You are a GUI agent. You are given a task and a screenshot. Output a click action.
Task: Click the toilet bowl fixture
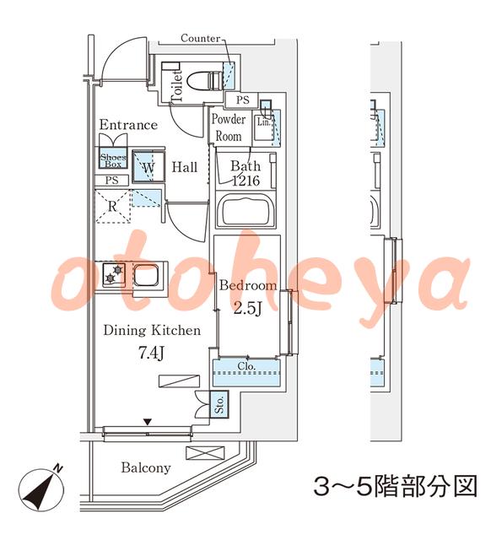pyautogui.click(x=204, y=81)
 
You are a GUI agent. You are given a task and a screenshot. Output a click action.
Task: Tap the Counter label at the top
pyautogui.click(x=201, y=38)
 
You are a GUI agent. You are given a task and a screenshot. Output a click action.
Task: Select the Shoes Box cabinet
pyautogui.click(x=113, y=158)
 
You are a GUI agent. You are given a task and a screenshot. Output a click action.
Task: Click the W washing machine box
pyautogui.click(x=148, y=167)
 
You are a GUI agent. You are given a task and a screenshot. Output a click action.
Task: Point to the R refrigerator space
pyautogui.click(x=112, y=206)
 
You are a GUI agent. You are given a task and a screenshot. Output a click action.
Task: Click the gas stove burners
pyautogui.click(x=114, y=274)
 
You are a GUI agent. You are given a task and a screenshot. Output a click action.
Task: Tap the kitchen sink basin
pyautogui.click(x=146, y=275)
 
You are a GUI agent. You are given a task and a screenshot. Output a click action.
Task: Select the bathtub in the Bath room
pyautogui.click(x=245, y=210)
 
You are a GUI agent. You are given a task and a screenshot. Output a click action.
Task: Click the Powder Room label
pyautogui.click(x=229, y=127)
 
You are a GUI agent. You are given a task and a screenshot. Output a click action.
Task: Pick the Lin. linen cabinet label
pyautogui.click(x=264, y=121)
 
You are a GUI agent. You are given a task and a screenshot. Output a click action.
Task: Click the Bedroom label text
pyautogui.click(x=248, y=285)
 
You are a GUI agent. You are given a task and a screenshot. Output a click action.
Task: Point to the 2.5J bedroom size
pyautogui.click(x=248, y=308)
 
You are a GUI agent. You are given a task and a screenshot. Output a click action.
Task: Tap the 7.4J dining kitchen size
pyautogui.click(x=151, y=353)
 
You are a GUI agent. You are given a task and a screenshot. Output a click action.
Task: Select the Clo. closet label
pyautogui.click(x=246, y=365)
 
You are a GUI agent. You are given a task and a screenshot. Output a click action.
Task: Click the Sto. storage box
pyautogui.click(x=219, y=404)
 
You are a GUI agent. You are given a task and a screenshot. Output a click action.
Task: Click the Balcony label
pyautogui.click(x=146, y=467)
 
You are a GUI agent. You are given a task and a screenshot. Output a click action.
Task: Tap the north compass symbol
pyautogui.click(x=41, y=489)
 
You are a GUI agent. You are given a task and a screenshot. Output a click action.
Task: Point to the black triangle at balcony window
pyautogui.click(x=148, y=422)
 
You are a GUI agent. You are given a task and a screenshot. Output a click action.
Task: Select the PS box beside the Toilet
pyautogui.click(x=242, y=100)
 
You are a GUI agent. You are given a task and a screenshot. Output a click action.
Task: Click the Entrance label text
pyautogui.click(x=128, y=125)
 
